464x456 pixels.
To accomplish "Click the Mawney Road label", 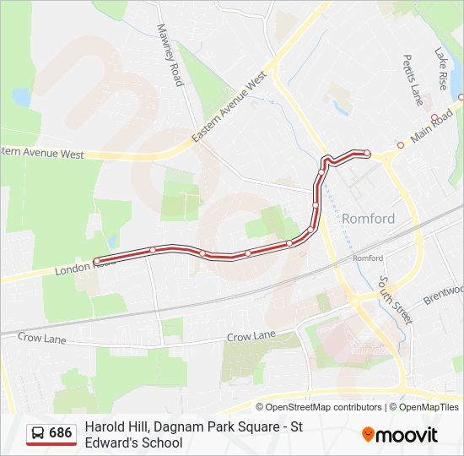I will (x=170, y=55).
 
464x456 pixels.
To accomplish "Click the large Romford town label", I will (x=368, y=219).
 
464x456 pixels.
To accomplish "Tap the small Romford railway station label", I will (x=368, y=258).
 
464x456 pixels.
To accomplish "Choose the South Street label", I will (x=395, y=300).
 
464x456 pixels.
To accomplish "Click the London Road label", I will (x=84, y=268).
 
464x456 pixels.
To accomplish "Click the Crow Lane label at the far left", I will (x=41, y=337).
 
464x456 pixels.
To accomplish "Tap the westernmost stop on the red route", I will (x=97, y=261).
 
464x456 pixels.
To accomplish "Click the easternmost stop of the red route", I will (x=367, y=153).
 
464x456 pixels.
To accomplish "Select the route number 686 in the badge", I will (x=61, y=433).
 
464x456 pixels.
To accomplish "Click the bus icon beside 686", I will (x=38, y=433).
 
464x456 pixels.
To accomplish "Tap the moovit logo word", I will (x=407, y=435).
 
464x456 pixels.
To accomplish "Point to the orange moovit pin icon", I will (x=368, y=435).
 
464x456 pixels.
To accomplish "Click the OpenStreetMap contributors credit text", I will (x=324, y=407).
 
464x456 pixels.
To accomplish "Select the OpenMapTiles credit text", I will (x=429, y=407).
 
